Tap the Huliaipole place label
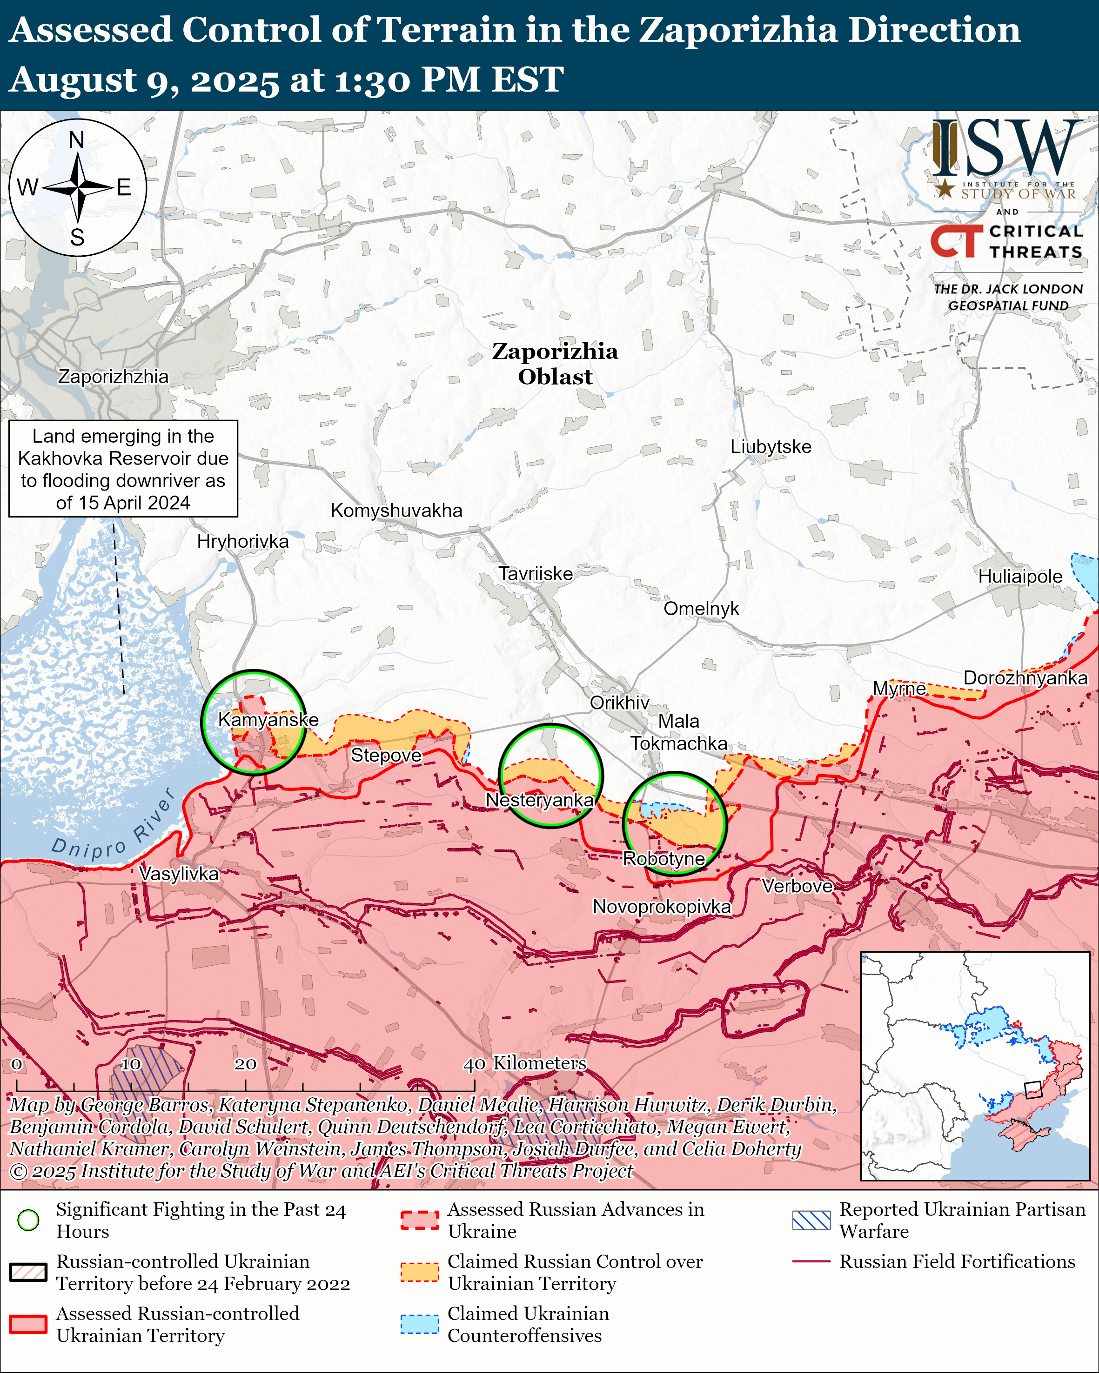click(x=1019, y=577)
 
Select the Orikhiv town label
click(x=619, y=703)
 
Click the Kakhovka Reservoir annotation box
click(x=123, y=469)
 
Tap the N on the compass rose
click(x=76, y=139)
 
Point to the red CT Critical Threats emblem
click(x=956, y=241)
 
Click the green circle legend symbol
click(x=28, y=1220)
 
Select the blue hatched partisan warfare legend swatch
click(x=811, y=1220)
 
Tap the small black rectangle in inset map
click(x=1033, y=1089)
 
